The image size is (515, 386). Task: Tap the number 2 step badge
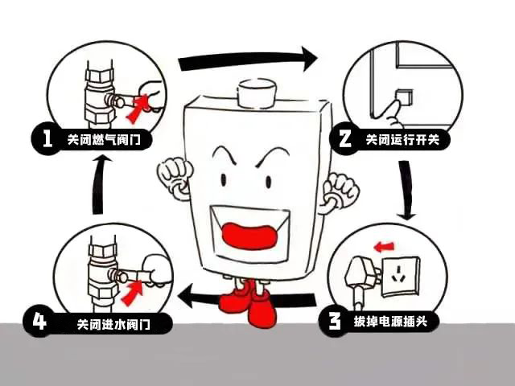(344, 138)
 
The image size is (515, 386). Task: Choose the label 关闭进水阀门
(110, 325)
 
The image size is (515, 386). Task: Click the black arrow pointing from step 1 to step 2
(245, 59)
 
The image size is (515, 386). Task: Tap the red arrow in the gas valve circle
(143, 104)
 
